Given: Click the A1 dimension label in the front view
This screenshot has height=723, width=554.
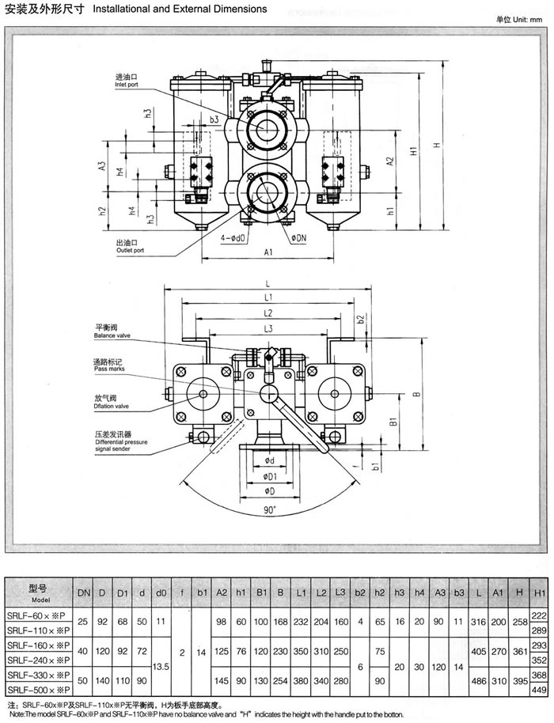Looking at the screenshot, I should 268,252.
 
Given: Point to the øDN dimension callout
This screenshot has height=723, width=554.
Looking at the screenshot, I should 299,236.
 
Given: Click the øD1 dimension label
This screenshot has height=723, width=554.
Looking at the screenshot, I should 270,476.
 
